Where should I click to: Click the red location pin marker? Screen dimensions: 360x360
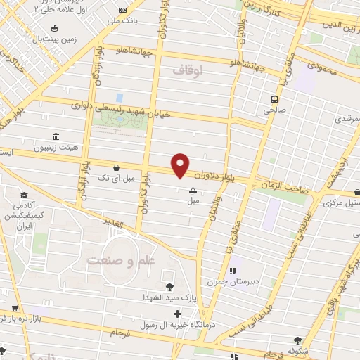point(181,165)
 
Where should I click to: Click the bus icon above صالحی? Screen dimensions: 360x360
point(274,98)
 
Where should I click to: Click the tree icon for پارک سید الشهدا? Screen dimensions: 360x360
point(169,286)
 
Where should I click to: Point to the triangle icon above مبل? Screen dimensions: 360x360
point(193,190)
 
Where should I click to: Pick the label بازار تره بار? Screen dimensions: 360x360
point(28,320)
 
